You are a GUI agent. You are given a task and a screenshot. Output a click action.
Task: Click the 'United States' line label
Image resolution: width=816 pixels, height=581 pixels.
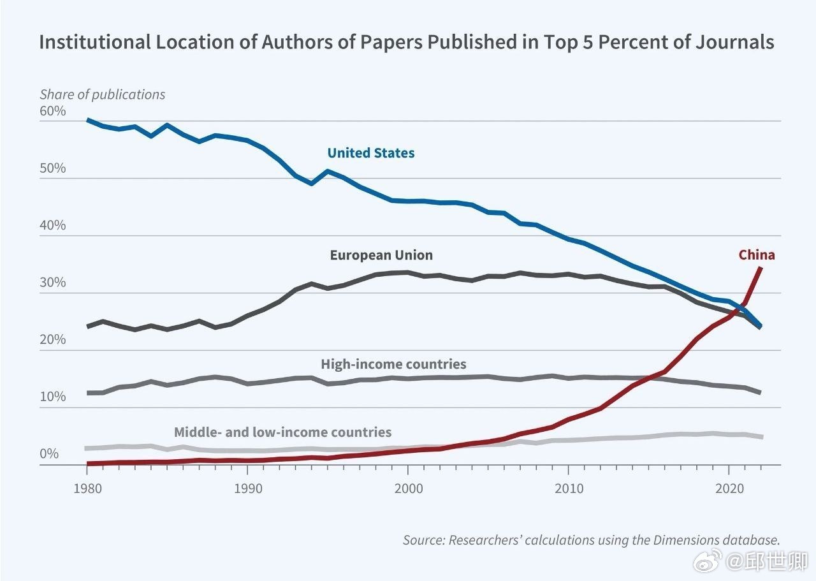coord(370,153)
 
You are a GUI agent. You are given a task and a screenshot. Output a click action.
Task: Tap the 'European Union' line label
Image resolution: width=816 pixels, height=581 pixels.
coord(381,256)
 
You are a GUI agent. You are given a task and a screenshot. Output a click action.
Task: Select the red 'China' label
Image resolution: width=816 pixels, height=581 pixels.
coord(757,255)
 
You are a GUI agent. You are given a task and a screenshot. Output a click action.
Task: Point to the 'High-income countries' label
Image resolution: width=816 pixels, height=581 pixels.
coord(393,364)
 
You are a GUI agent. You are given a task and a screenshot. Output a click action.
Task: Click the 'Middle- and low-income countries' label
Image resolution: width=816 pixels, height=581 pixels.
coord(282,432)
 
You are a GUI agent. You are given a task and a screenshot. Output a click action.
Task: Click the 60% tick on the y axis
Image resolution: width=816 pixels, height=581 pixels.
coord(53,111)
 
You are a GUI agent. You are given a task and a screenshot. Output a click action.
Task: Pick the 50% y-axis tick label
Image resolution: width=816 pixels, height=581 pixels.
coord(53,168)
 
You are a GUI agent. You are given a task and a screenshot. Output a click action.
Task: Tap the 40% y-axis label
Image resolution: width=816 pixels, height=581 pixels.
coord(53,226)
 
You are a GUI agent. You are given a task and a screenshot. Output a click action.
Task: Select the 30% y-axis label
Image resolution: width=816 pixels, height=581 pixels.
coord(53,283)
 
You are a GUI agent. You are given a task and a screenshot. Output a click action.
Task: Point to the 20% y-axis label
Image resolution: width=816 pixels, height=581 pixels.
coord(53,339)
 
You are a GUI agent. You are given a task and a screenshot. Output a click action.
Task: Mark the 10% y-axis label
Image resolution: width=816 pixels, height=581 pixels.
coord(53,397)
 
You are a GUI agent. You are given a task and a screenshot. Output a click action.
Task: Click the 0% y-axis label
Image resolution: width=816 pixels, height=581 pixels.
coord(50,454)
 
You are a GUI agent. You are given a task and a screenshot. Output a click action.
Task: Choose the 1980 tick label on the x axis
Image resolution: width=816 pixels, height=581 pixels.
coord(87,488)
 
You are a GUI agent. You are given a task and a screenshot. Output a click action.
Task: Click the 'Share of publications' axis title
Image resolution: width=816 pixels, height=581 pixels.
coord(102,94)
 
